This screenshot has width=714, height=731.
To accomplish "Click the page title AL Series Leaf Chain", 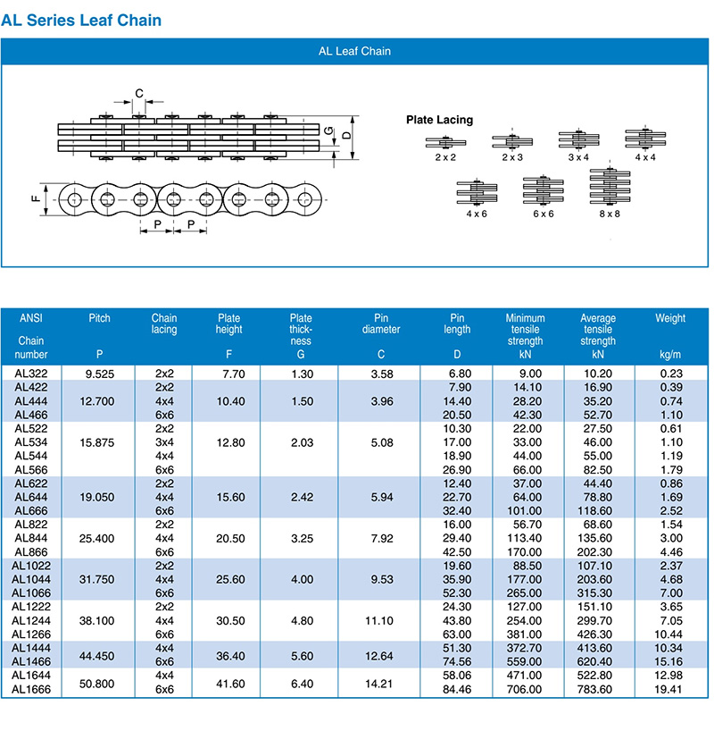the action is tap(81, 21).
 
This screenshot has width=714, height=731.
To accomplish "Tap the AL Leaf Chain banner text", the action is tap(354, 51).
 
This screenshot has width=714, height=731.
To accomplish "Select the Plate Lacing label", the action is tap(439, 120).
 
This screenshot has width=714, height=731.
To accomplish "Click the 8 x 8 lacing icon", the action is tap(610, 186).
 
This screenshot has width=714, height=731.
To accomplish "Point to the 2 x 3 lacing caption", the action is tap(512, 157).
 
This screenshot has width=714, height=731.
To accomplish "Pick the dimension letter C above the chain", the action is tap(139, 93).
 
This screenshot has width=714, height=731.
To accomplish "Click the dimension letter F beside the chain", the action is tap(36, 198).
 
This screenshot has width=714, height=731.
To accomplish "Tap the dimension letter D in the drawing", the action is tap(346, 135).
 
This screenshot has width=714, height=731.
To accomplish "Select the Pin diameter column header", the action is tap(381, 323).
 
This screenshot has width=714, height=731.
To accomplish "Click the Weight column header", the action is tap(670, 318).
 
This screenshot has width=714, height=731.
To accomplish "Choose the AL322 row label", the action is tap(31, 374).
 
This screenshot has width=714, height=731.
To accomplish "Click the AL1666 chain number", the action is tap(31, 689).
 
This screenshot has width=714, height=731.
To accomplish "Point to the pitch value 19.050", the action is tap(97, 497).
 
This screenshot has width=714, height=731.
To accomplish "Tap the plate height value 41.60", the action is tap(230, 684).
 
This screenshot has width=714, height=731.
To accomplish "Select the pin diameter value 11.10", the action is tap(379, 620).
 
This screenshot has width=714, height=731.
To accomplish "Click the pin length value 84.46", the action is tap(457, 689).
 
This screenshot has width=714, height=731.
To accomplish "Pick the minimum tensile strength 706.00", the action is tap(525, 689).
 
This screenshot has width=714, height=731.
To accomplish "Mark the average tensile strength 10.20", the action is tap(598, 374).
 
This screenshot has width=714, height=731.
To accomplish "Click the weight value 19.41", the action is tap(668, 689).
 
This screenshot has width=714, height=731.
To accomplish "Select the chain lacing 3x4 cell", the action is tap(164, 442).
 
